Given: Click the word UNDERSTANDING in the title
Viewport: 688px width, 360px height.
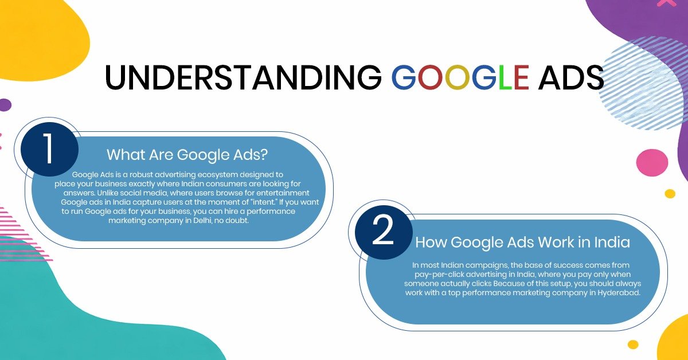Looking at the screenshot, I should pos(243,77).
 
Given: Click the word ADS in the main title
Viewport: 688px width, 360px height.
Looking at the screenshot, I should pos(571,77).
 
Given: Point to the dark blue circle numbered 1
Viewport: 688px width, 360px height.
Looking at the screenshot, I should pos(49,149).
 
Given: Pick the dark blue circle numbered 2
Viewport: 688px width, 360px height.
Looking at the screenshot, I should pos(383,231).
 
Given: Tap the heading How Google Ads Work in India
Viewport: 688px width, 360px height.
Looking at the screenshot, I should pos(522,242).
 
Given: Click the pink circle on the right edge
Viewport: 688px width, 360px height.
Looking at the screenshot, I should pos(652,163).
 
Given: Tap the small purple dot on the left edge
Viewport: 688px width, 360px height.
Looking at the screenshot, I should pos(5,105).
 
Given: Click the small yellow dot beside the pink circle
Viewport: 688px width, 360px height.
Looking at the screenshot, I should pos(670,193).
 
